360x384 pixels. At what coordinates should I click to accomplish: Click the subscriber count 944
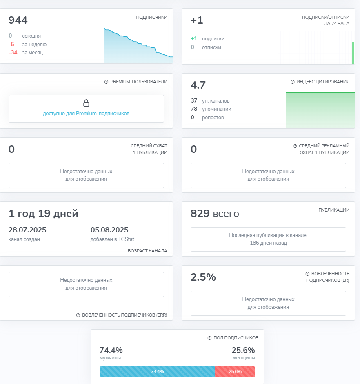[x=18, y=20]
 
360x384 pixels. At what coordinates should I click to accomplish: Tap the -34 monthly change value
[x=13, y=53]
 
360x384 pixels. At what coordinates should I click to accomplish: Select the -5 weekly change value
[x=11, y=45]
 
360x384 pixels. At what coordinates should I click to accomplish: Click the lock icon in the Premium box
[x=86, y=103]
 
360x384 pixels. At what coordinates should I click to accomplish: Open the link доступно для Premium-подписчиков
[x=86, y=114]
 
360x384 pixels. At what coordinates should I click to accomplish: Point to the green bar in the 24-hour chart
[x=353, y=53]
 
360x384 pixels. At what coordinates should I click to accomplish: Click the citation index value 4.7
[x=198, y=85]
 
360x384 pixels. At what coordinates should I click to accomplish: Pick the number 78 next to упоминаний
[x=194, y=109]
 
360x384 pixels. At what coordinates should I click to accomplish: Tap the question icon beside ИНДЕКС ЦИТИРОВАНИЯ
[x=293, y=82]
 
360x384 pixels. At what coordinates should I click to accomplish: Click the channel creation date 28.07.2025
[x=27, y=230]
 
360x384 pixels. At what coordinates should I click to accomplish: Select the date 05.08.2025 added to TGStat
[x=109, y=230]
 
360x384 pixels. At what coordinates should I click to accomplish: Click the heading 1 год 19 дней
[x=43, y=214]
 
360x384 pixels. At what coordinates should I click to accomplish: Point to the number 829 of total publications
[x=200, y=213]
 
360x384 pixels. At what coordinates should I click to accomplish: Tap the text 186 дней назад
[x=269, y=243]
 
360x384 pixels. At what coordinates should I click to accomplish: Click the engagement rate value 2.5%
[x=203, y=277]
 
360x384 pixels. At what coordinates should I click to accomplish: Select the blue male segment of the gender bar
[x=158, y=371]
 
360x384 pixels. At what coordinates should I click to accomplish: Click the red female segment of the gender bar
[x=235, y=371]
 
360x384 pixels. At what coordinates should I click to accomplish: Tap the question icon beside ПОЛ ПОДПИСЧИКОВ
[x=209, y=338]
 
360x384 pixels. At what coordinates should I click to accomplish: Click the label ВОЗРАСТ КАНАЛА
[x=148, y=251]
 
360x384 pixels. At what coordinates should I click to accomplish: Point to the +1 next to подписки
[x=194, y=39]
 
